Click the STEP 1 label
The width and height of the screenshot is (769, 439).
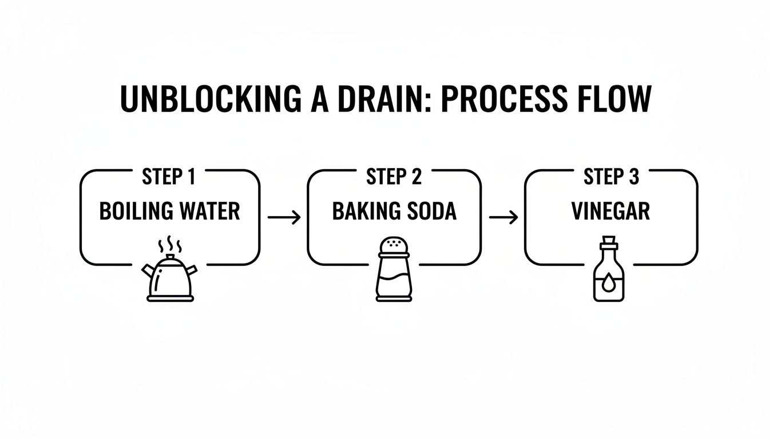point(168,177)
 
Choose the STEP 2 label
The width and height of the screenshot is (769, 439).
point(394,177)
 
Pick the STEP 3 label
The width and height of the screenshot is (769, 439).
point(611,177)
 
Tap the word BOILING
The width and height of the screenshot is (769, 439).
point(136,211)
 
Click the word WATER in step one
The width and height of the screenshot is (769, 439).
point(209,211)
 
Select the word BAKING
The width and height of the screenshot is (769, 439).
point(366,211)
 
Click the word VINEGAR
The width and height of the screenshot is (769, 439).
point(611,211)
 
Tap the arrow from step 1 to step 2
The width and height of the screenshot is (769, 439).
point(284,217)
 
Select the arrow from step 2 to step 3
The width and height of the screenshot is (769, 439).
point(503,217)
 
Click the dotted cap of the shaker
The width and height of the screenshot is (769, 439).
point(394,246)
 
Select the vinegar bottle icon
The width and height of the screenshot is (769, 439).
point(609,274)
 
